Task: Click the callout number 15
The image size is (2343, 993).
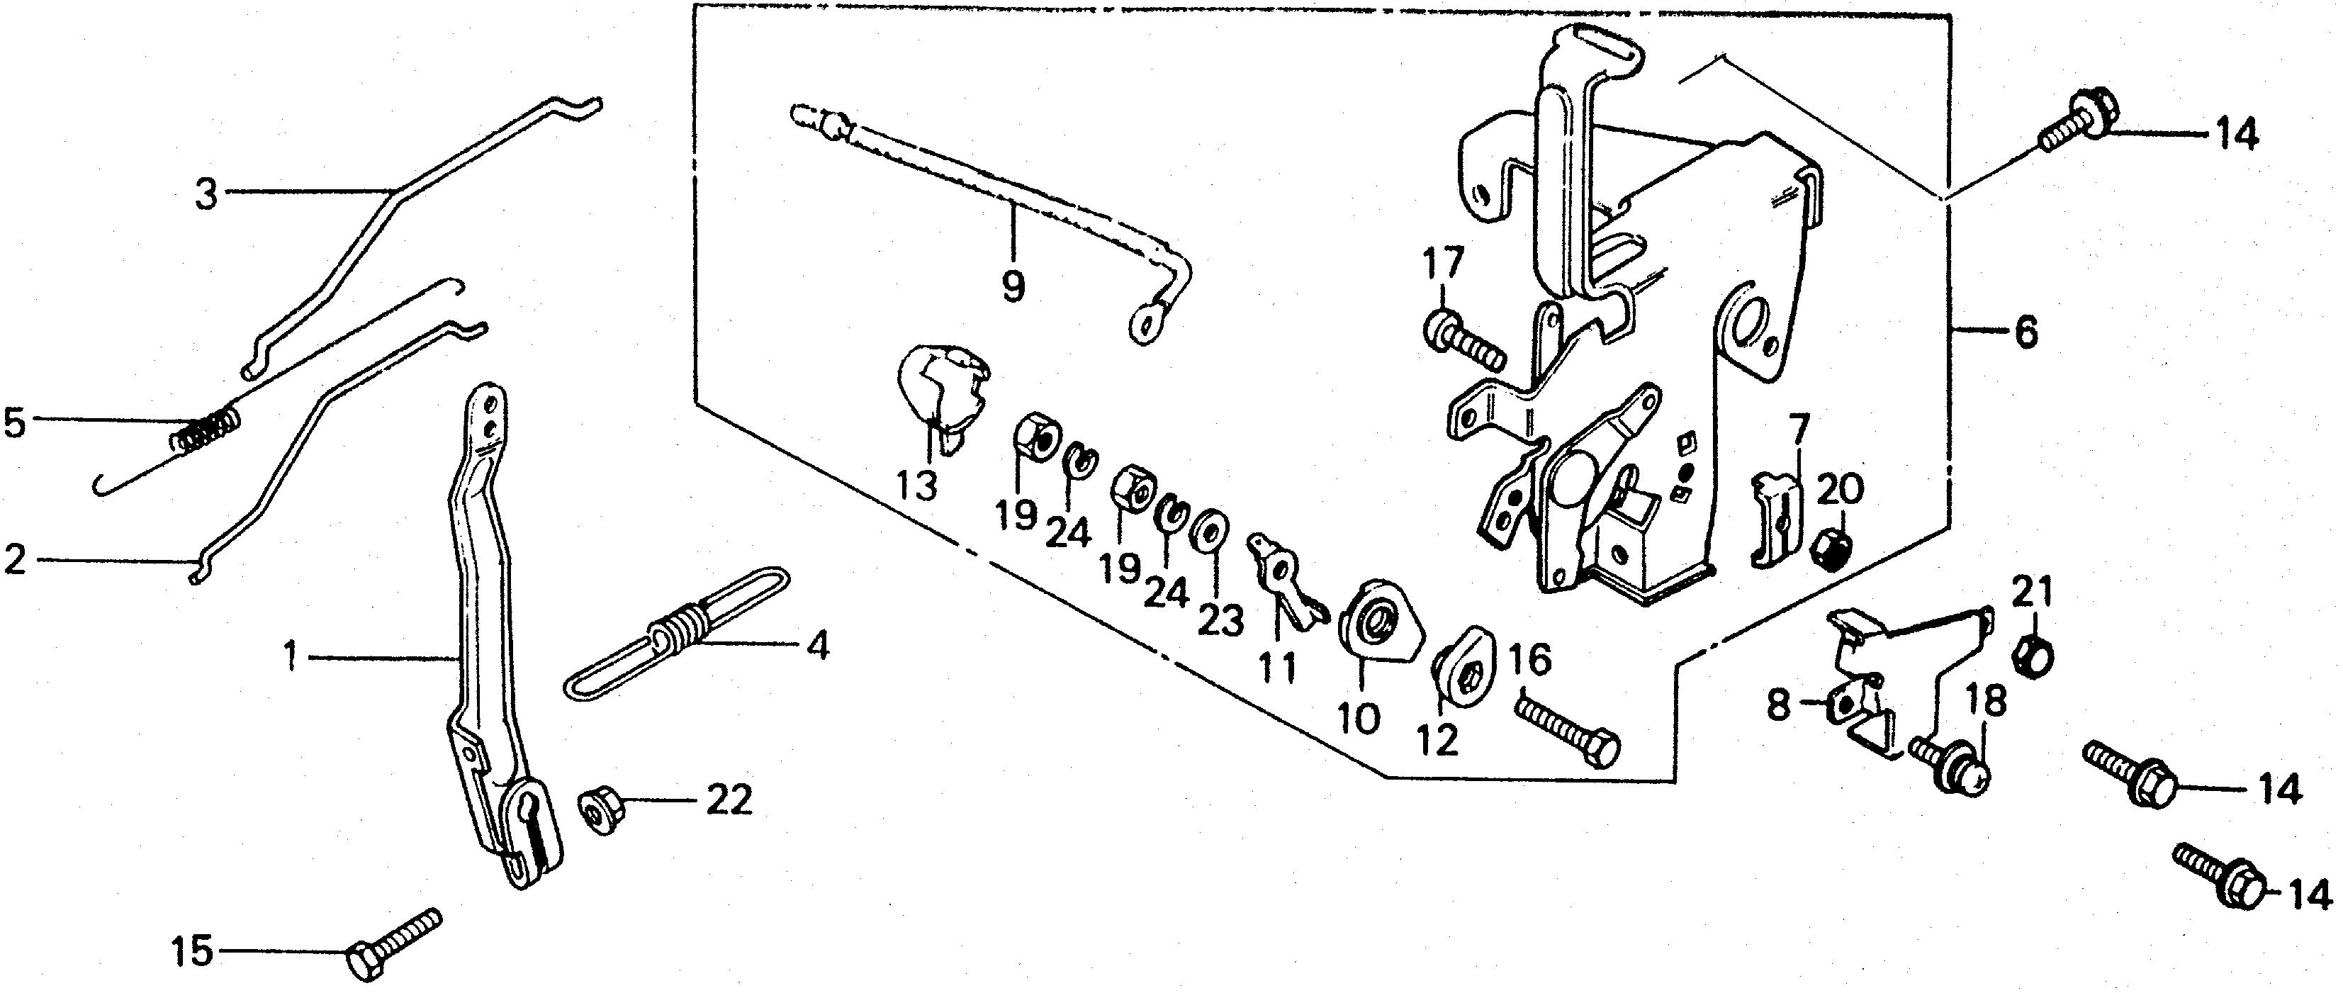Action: coord(192,951)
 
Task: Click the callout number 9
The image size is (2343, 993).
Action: coord(1012,286)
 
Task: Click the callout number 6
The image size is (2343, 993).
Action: coord(2025,333)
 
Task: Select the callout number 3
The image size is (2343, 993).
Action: coord(208,193)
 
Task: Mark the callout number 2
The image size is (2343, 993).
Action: coord(16,559)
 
